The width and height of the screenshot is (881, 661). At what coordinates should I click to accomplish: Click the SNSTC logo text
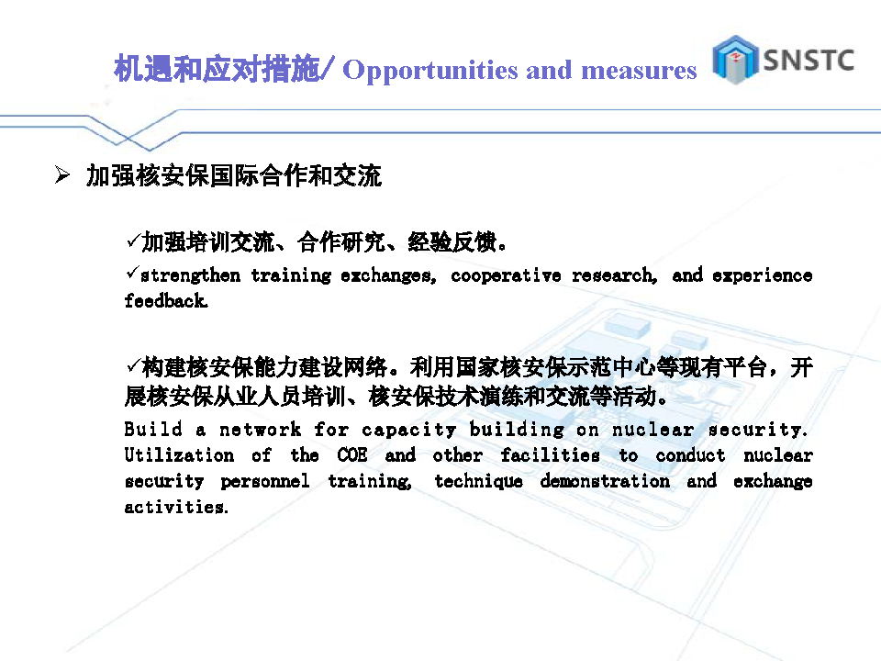(x=809, y=61)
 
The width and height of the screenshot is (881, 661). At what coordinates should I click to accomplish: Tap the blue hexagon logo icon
(x=735, y=60)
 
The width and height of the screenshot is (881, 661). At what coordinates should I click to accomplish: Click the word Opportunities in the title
(x=430, y=72)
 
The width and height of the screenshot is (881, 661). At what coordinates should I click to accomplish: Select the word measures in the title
(x=639, y=71)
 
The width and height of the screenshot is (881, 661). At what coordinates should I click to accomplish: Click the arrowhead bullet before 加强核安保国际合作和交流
(x=61, y=174)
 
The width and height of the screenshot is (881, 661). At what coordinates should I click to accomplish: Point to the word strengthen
(x=190, y=274)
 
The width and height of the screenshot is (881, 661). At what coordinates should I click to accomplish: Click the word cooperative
(x=506, y=274)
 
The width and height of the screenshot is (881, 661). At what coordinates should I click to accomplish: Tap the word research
(x=614, y=274)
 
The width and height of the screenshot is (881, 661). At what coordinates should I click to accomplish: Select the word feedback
(x=166, y=301)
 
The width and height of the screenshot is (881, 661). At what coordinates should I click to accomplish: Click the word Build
(x=153, y=429)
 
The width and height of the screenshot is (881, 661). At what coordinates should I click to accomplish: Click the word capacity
(x=408, y=430)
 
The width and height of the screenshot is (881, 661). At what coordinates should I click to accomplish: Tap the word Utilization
(x=179, y=454)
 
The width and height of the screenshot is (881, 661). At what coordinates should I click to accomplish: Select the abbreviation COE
(x=352, y=454)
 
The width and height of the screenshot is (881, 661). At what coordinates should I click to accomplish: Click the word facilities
(x=550, y=454)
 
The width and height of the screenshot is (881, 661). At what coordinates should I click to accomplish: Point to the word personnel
(x=264, y=481)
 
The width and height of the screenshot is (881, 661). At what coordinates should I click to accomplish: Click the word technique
(x=478, y=481)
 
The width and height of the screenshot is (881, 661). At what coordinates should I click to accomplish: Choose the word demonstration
(x=605, y=481)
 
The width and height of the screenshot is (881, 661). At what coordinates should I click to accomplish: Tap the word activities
(x=176, y=507)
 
